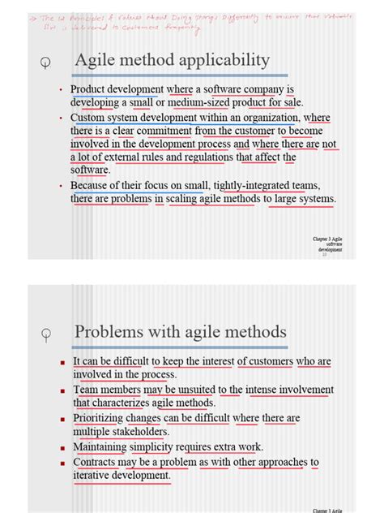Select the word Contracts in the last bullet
coord(99,462)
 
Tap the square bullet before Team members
coord(62,390)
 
